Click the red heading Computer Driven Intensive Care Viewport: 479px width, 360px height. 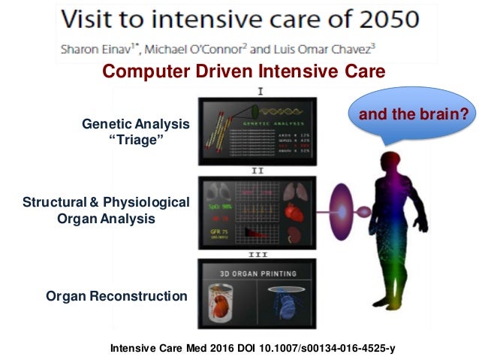tap(244, 72)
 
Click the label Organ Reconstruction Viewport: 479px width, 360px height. tap(116, 296)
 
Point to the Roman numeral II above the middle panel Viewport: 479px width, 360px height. tap(258, 171)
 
